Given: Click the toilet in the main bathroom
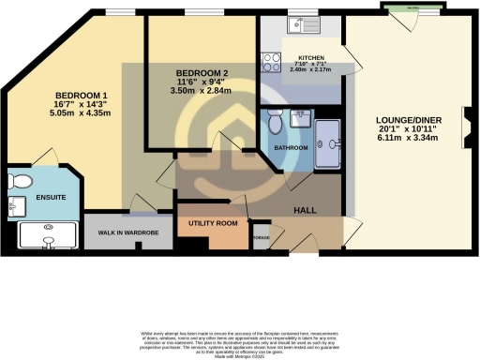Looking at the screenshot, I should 275,122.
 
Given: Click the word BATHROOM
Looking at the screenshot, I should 292,148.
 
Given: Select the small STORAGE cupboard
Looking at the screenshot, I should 262,238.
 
